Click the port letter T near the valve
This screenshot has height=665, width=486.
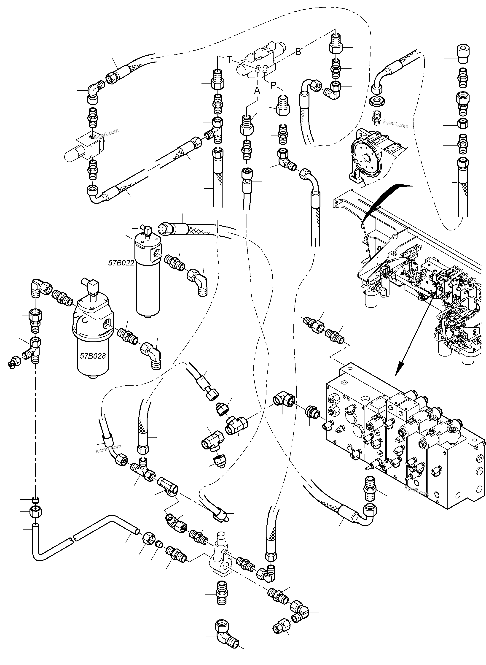229,60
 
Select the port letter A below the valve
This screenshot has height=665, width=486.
257,91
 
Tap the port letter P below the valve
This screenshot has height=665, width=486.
273,85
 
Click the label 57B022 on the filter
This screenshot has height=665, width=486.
121,263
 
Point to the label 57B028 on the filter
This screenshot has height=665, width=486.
93,356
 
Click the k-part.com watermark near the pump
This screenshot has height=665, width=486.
396,124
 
